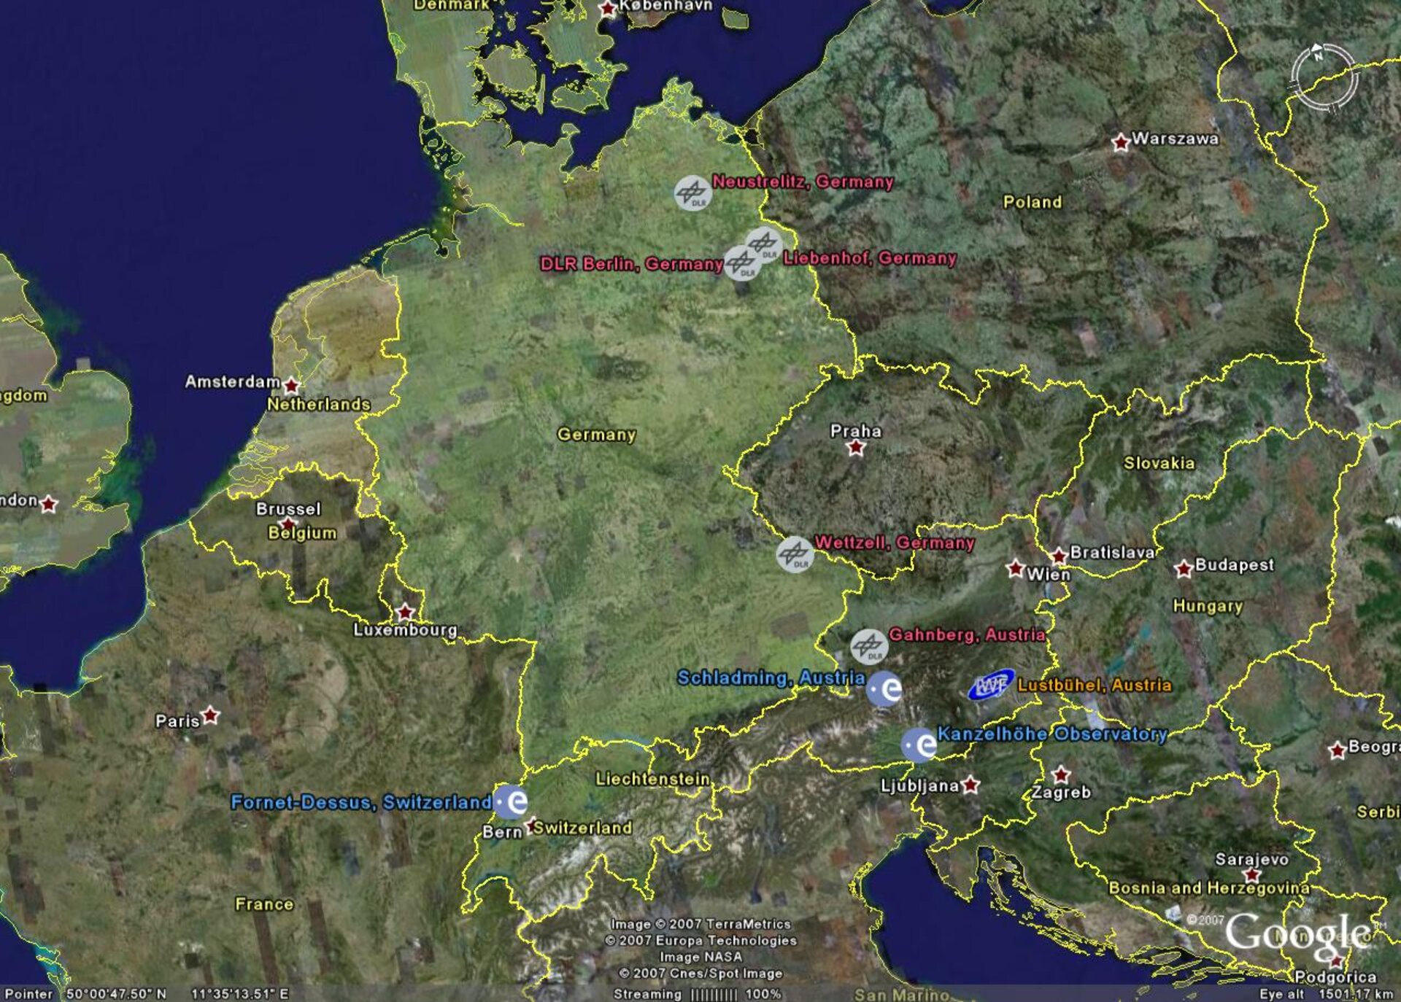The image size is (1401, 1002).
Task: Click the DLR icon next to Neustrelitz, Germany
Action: pyautogui.click(x=692, y=193)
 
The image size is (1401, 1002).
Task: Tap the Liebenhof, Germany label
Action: pyautogui.click(x=869, y=258)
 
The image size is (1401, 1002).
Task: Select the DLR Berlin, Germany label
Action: pyautogui.click(x=631, y=263)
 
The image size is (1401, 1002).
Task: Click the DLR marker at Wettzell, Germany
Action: pyautogui.click(x=795, y=554)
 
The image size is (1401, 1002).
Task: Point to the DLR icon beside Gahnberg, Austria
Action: pyautogui.click(x=868, y=646)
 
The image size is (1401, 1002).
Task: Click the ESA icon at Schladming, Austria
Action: pyautogui.click(x=884, y=688)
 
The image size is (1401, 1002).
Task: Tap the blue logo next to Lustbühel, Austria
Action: pyautogui.click(x=990, y=686)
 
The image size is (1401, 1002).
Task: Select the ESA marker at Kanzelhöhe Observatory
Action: pyautogui.click(x=919, y=745)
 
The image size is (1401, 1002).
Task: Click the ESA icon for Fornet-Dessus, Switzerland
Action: pyautogui.click(x=511, y=801)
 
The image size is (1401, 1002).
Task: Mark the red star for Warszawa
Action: pyautogui.click(x=1120, y=143)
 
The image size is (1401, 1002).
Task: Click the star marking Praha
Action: pyautogui.click(x=856, y=448)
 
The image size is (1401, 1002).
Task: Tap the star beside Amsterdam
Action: pyautogui.click(x=291, y=385)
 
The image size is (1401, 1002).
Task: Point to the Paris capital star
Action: pyautogui.click(x=210, y=715)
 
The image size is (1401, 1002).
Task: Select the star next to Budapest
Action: pyautogui.click(x=1184, y=569)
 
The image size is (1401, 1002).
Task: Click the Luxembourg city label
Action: pyautogui.click(x=405, y=629)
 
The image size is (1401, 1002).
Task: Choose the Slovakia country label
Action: pyautogui.click(x=1159, y=463)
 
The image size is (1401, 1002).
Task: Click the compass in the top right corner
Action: pyautogui.click(x=1323, y=77)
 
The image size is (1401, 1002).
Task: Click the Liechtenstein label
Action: pyautogui.click(x=652, y=779)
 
